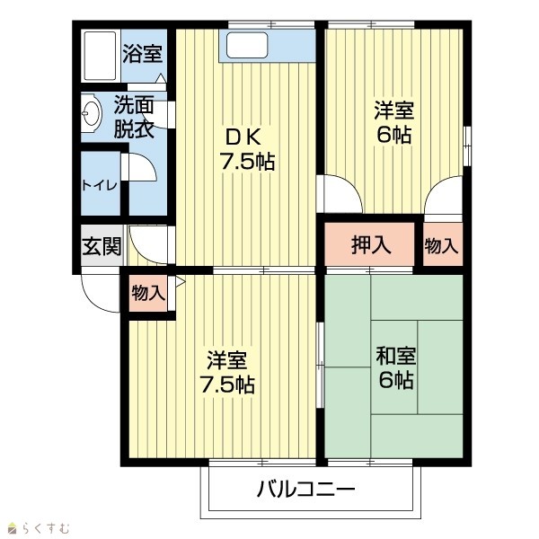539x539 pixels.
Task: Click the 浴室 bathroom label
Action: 142,54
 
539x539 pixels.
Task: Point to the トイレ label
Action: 100,186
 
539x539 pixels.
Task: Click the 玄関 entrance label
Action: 102,246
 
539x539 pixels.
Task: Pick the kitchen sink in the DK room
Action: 247,45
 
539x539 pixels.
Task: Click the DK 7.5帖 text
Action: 247,149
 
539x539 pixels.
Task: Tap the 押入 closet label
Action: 371,244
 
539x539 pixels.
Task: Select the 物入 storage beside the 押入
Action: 442,244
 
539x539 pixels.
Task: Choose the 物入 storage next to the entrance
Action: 148,293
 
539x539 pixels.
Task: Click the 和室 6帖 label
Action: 395,367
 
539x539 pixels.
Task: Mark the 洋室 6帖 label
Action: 394,122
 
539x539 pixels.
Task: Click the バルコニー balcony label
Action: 305,490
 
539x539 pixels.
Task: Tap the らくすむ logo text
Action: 46,528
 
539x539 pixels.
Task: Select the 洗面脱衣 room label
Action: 134,116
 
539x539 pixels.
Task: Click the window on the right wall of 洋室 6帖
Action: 467,146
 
